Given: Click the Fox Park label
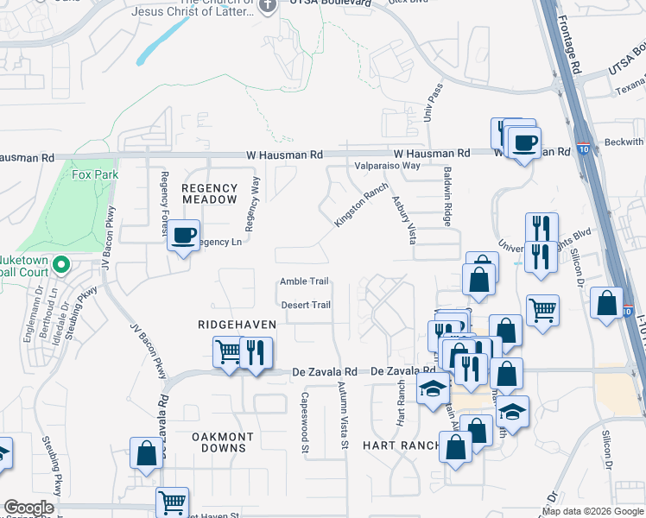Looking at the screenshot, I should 94,174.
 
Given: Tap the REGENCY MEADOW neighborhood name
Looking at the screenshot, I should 209,193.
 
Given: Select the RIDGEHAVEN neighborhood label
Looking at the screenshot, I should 237,325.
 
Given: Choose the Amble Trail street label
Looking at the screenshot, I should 304,281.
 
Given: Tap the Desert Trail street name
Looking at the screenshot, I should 305,305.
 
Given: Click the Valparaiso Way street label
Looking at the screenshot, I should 387,166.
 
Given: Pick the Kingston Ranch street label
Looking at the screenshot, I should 356,208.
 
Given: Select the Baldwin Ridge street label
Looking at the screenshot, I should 447,197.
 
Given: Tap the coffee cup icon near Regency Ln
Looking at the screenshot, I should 183,236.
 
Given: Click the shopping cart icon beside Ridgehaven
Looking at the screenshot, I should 228,351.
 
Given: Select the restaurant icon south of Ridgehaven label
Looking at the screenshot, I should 255,351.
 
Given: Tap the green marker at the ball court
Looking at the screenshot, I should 60,264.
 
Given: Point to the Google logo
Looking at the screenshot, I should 29,509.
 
